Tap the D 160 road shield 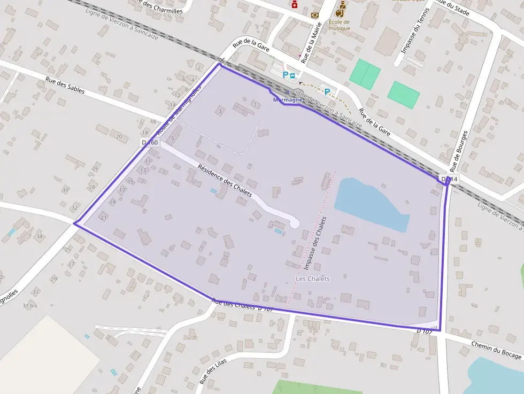coord(150,142)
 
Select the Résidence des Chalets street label coord(225,180)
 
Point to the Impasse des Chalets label coord(314,243)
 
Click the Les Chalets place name coord(313,279)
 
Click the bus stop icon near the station coord(292,75)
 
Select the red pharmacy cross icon coord(294,4)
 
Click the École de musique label coord(339,25)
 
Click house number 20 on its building coord(118,136)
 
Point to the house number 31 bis coord(30,306)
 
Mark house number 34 coord(39,236)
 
